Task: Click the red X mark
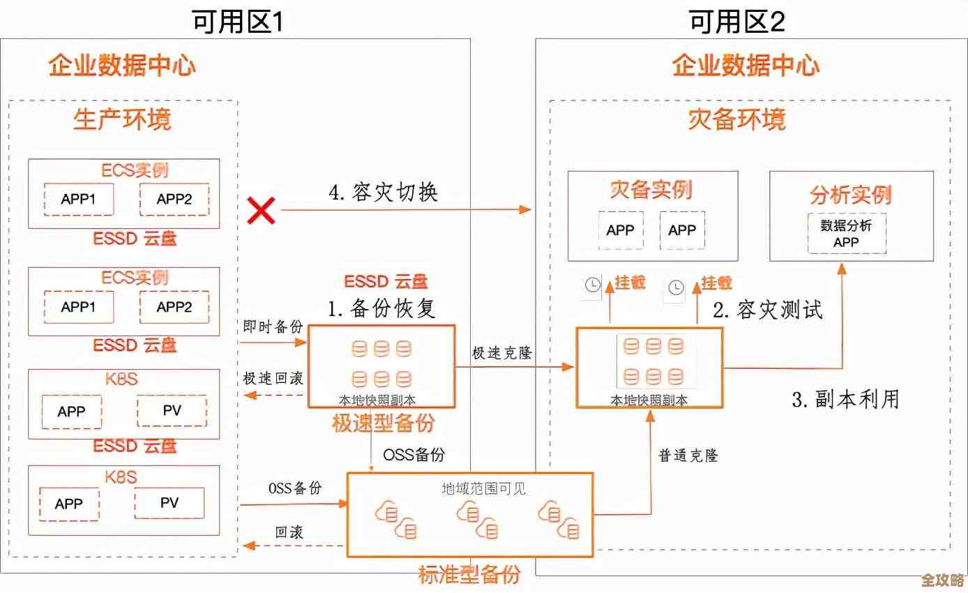262,209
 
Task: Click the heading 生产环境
122,120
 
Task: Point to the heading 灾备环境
736,120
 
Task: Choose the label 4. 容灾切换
383,192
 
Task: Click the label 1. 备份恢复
382,308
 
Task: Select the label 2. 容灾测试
767,309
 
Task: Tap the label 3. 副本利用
845,398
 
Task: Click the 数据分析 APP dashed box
847,234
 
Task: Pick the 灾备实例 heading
651,190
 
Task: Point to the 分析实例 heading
851,195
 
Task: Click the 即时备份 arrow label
273,326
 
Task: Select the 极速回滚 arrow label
273,378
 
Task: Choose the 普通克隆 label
688,456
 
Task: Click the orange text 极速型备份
383,423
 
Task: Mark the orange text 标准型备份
469,575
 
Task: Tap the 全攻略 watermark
941,580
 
